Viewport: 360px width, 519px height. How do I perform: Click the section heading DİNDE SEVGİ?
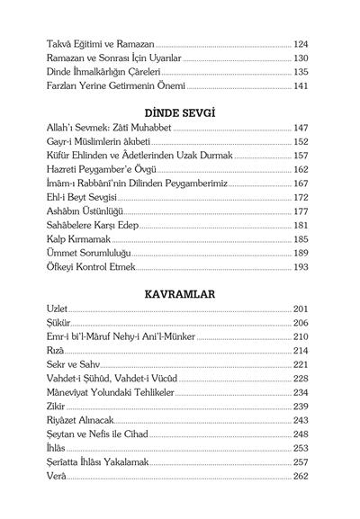[x=179, y=112]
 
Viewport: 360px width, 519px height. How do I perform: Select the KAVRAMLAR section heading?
[x=179, y=294]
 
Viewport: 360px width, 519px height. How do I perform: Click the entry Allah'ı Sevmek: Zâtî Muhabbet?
[x=105, y=128]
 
